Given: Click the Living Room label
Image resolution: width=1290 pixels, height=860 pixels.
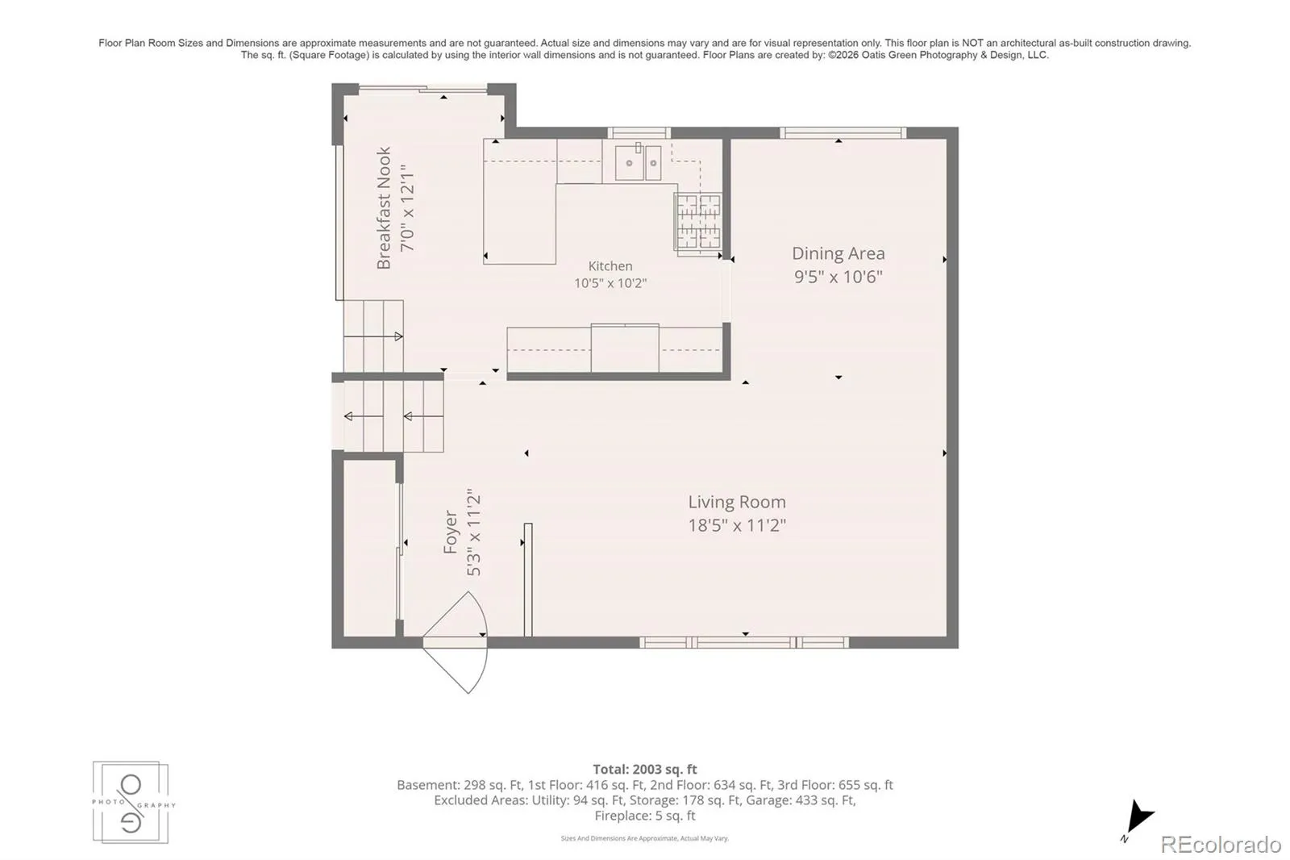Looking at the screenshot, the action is click(x=737, y=502).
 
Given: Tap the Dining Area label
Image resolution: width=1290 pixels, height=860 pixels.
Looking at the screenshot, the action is click(x=838, y=253).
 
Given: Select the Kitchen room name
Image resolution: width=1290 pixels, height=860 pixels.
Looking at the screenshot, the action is click(x=610, y=266).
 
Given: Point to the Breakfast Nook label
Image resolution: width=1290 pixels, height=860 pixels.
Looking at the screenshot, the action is click(x=384, y=207).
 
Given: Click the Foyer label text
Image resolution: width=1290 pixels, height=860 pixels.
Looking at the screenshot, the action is click(x=451, y=532).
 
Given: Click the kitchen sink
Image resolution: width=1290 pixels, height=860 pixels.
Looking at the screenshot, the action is click(x=638, y=162).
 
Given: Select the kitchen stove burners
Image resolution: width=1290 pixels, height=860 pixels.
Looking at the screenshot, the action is click(x=698, y=222).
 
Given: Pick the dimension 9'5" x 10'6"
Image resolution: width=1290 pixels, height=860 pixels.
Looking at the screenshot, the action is click(x=838, y=278).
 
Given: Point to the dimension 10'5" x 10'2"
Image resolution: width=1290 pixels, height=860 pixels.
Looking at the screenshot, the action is click(x=610, y=284).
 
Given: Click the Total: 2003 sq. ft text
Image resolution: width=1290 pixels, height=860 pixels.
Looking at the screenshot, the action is click(x=645, y=770).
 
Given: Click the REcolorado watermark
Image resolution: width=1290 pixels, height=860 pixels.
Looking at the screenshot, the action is click(x=1221, y=845).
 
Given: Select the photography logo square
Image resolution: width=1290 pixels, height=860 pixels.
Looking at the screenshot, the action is click(x=131, y=803).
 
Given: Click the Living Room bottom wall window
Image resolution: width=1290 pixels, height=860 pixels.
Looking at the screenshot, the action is click(x=744, y=643).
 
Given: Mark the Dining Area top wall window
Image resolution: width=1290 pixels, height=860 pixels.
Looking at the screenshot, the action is click(x=843, y=133).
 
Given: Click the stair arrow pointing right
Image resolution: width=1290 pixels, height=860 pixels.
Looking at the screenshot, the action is click(x=380, y=336).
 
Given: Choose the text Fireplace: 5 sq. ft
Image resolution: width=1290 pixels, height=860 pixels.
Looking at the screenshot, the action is click(x=645, y=816).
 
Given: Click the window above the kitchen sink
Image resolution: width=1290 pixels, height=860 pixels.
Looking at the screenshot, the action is click(x=639, y=133).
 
